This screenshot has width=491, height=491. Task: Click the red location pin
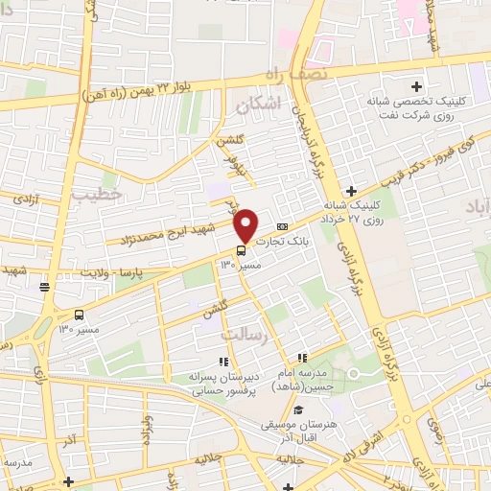(246, 224)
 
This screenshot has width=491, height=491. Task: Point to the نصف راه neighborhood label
(299, 75)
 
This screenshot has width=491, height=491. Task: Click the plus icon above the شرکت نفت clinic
(416, 86)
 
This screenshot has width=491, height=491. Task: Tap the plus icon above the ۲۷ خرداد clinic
(352, 191)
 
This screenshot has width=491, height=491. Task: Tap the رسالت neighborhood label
(242, 335)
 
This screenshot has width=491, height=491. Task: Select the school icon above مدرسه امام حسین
(303, 358)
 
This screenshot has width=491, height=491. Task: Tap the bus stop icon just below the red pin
(240, 252)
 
